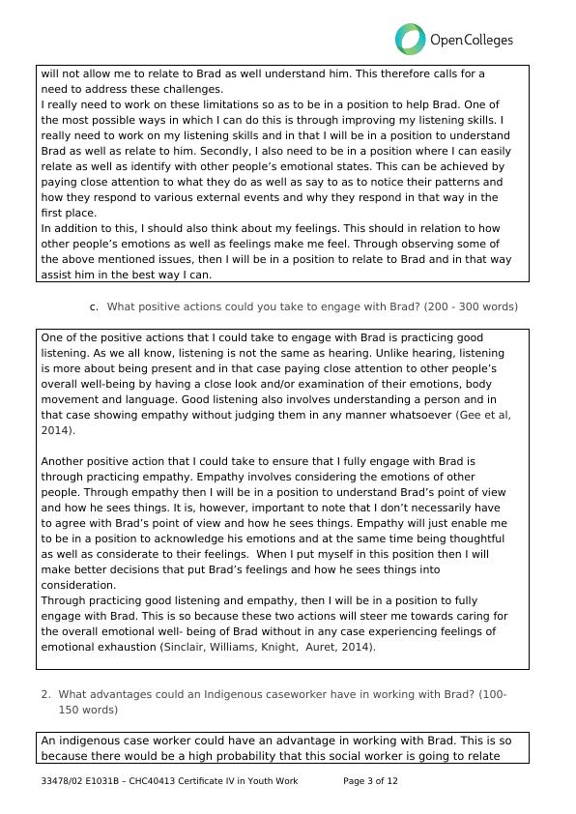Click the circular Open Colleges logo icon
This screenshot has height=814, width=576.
tap(410, 40)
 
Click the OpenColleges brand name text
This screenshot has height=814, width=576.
tap(471, 41)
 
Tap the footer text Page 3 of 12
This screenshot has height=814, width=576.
tap(370, 781)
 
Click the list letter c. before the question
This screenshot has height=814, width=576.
tap(94, 306)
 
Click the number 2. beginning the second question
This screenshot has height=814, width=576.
tap(45, 694)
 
